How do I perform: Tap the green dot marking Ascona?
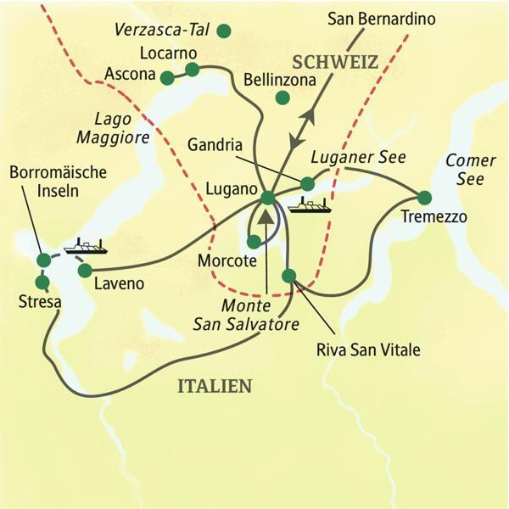click(167, 77)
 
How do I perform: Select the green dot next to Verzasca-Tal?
click(224, 31)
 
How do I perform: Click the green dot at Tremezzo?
click(424, 198)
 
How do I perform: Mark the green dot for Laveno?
click(85, 270)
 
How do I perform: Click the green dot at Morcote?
click(254, 242)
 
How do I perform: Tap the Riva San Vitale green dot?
click(289, 275)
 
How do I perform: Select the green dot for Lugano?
click(268, 198)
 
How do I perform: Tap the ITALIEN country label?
click(214, 386)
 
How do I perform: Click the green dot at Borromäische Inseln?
click(43, 260)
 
